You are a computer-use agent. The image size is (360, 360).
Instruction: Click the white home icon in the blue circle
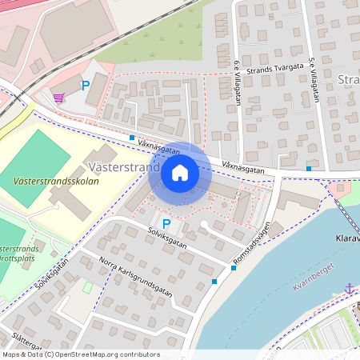point(180,172)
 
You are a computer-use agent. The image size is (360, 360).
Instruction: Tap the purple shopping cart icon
point(58,98)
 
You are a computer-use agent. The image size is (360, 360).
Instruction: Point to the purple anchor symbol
point(349,286)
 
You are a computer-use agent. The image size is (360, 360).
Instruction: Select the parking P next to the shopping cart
point(85,86)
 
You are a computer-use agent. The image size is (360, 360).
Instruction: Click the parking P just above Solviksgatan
point(166,224)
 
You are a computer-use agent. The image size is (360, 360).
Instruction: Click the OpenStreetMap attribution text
point(80,354)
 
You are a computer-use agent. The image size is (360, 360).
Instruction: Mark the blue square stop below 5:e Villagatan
point(309,168)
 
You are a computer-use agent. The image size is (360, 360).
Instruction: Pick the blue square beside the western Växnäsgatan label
point(131,138)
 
